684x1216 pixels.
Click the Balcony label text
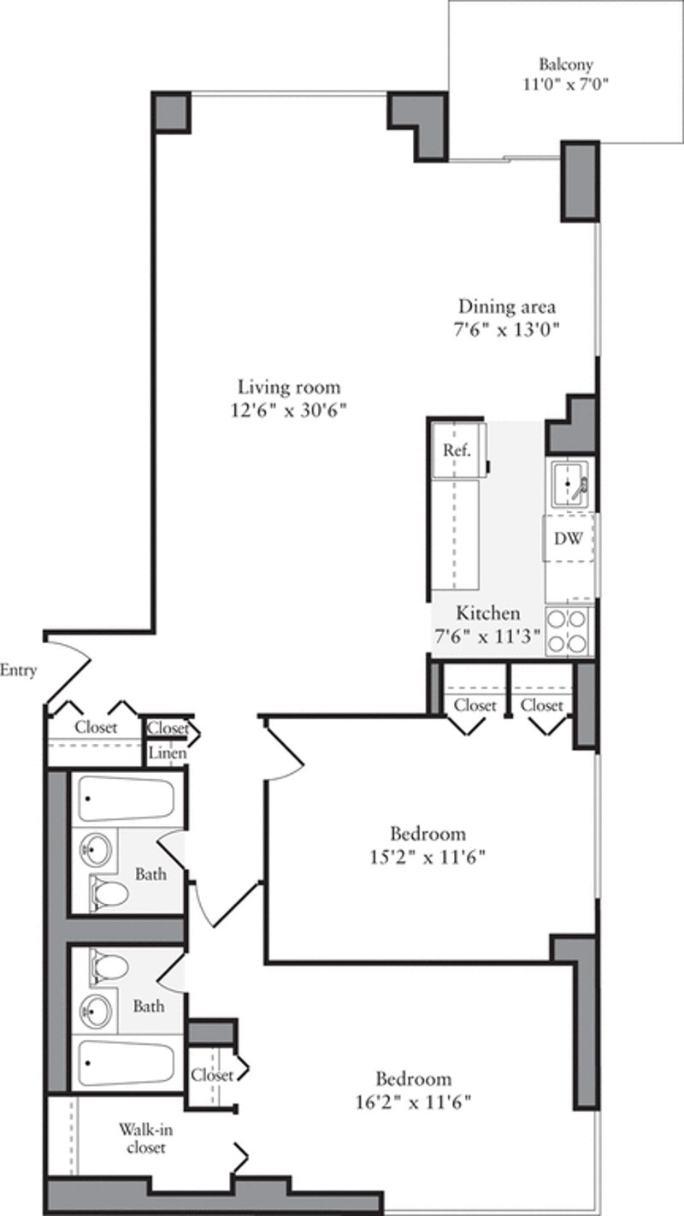point(565,64)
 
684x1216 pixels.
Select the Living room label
point(289,386)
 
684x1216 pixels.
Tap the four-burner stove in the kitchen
point(568,630)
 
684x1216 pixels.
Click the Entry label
point(19,670)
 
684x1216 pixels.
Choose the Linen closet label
point(168,753)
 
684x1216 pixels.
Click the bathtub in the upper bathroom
point(126,800)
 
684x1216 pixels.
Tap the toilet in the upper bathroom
point(110,894)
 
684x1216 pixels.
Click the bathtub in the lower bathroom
point(126,1063)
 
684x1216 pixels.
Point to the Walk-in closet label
point(141,1137)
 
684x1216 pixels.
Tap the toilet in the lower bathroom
point(110,967)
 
